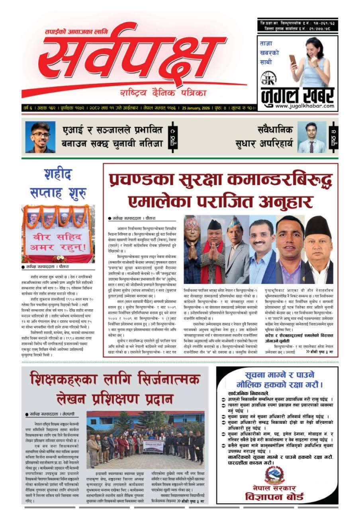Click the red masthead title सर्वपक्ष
point(131,56)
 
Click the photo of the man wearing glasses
point(40,137)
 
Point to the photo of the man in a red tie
point(311,137)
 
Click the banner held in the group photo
point(153,445)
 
